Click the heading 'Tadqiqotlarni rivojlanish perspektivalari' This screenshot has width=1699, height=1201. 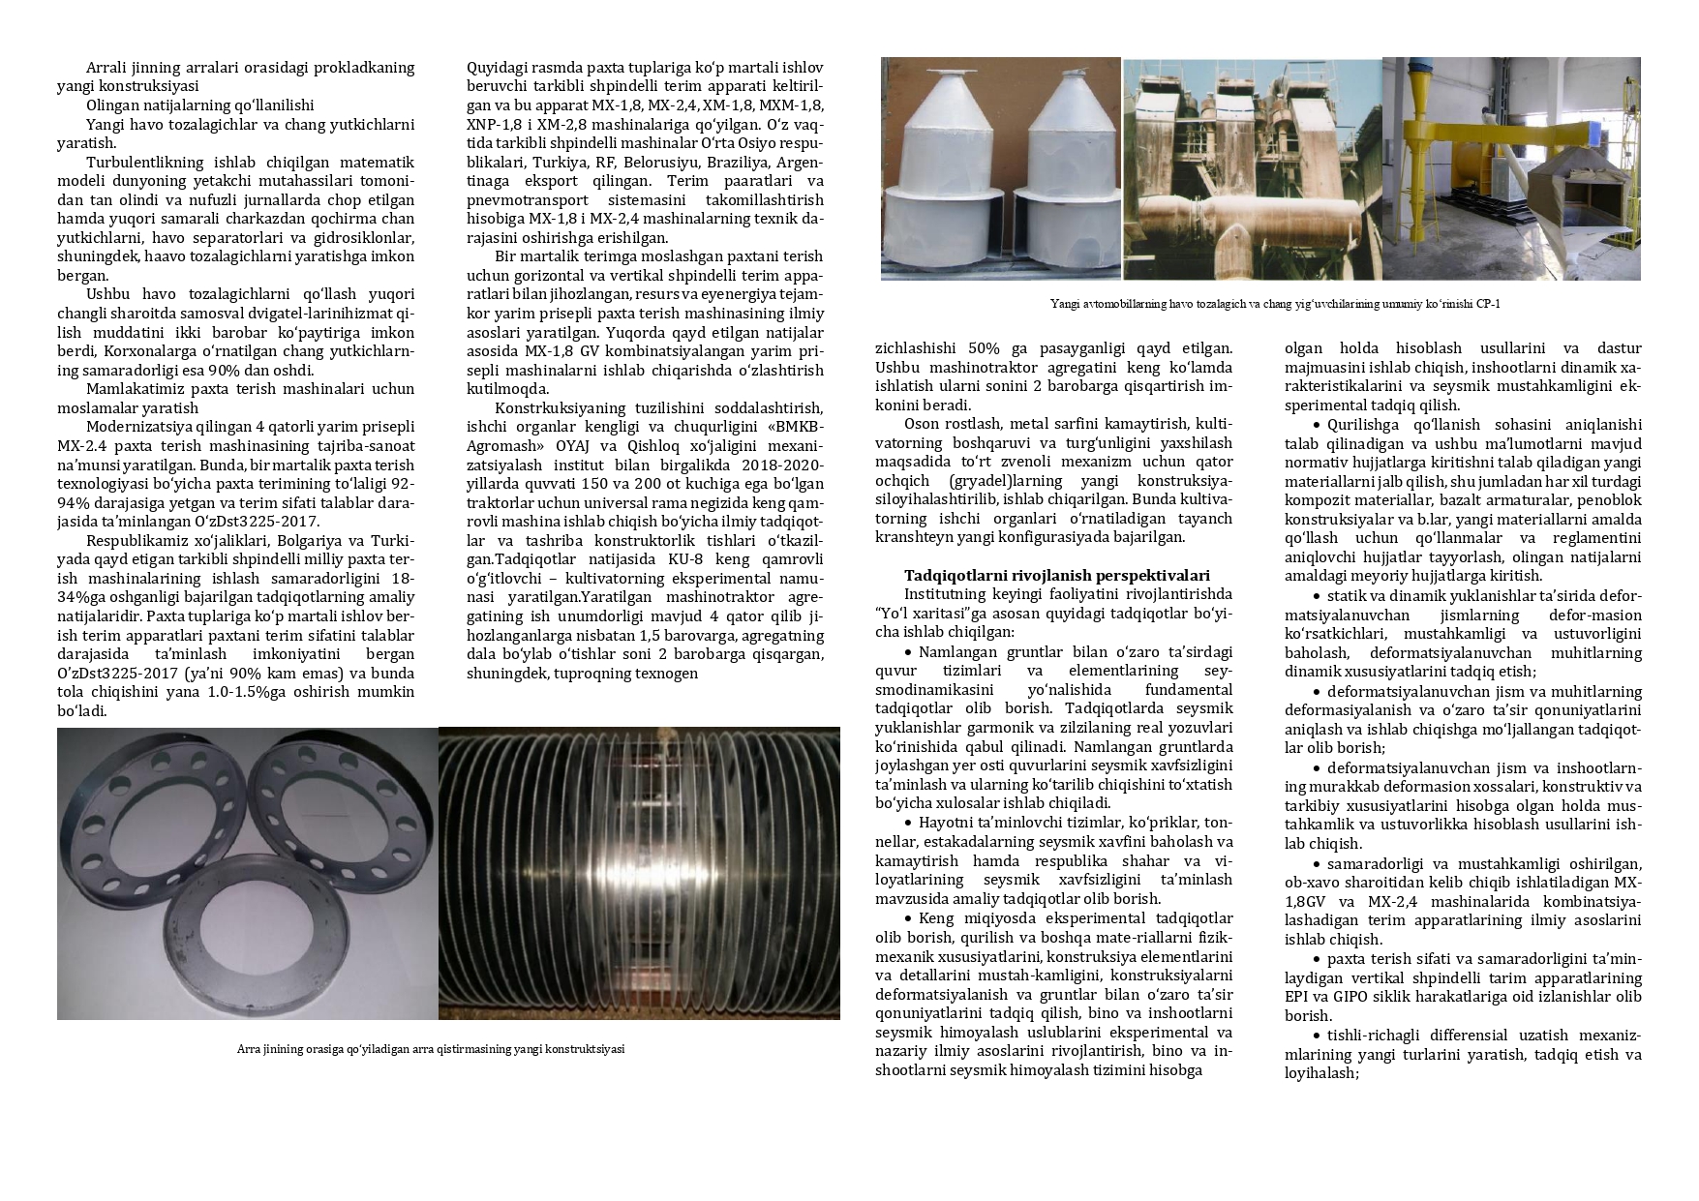[1057, 575]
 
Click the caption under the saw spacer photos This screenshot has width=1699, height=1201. [431, 1049]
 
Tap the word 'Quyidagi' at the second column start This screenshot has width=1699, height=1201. [496, 68]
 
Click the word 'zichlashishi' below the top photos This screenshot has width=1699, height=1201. [915, 348]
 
